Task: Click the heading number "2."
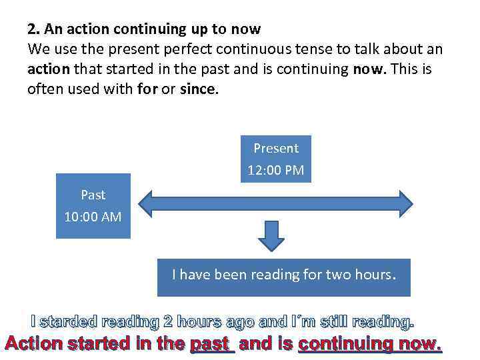click(33, 29)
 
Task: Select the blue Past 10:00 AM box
click(93, 206)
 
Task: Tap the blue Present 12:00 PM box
click(276, 159)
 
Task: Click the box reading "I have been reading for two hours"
click(283, 275)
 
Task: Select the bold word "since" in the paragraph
click(198, 88)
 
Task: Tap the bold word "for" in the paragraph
click(146, 88)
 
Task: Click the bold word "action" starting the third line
click(49, 69)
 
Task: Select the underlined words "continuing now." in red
click(369, 345)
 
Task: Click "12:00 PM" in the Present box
click(276, 170)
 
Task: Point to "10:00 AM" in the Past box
click(93, 217)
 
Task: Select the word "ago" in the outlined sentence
click(238, 323)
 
